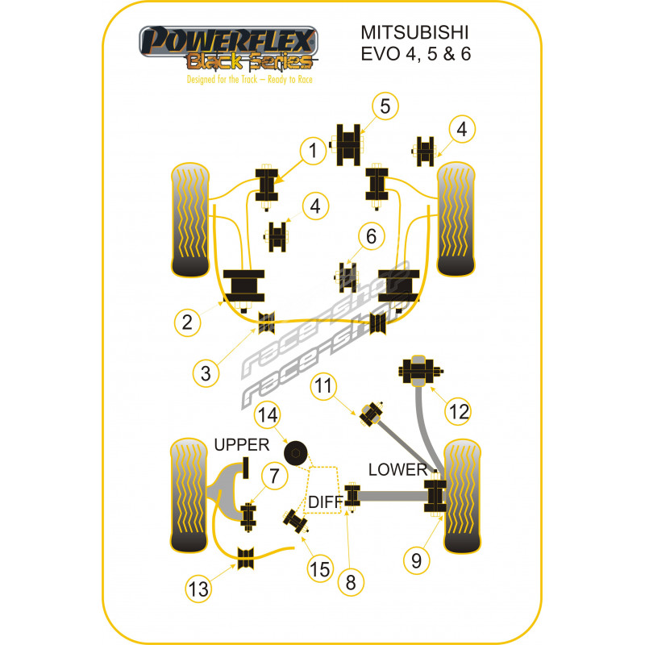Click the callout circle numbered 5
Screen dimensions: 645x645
click(385, 106)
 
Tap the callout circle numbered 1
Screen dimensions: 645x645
click(313, 151)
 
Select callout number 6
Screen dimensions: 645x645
click(371, 236)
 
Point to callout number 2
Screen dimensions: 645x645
click(187, 322)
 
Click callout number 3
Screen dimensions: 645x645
click(206, 373)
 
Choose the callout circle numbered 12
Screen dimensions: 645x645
click(459, 411)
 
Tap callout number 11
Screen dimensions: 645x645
click(323, 386)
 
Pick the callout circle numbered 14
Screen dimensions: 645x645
click(268, 414)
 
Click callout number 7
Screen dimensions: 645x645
click(274, 476)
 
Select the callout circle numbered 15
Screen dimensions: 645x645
click(319, 570)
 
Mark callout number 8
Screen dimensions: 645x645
click(351, 582)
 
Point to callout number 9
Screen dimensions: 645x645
click(416, 560)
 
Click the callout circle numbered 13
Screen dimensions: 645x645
click(198, 589)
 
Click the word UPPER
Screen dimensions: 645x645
click(242, 445)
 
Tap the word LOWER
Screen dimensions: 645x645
click(397, 469)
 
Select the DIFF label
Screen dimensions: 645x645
click(326, 501)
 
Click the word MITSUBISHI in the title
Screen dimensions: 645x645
click(414, 33)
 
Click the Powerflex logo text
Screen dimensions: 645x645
click(229, 41)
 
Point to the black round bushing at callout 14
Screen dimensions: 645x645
click(295, 453)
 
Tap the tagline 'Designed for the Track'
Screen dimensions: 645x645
click(223, 79)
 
